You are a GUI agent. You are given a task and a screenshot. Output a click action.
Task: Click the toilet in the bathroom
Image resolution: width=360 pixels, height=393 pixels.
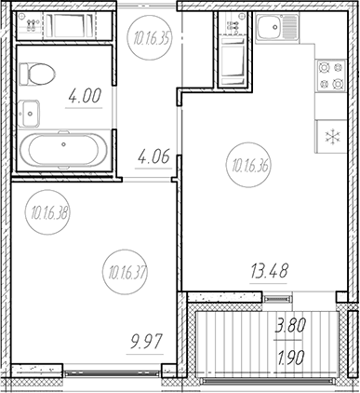[37, 74]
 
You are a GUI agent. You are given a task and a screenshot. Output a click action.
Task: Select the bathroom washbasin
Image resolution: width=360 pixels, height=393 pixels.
[29, 114]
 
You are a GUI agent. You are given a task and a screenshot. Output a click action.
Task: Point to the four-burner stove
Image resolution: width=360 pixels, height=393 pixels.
[330, 75]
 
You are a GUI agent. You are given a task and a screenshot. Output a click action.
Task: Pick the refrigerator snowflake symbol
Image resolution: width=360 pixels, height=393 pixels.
[333, 137]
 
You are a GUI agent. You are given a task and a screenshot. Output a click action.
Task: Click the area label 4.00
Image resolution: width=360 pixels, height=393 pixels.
[85, 96]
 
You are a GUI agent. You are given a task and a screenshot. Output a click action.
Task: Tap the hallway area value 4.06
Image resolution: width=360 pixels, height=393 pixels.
[153, 156]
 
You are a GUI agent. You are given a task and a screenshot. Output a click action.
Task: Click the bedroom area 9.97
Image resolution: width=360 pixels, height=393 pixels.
[145, 343]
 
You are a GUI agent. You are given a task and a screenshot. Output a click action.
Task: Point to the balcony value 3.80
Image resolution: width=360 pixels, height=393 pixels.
[290, 326]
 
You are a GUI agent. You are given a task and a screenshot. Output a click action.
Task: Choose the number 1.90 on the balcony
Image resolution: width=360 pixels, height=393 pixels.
[289, 359]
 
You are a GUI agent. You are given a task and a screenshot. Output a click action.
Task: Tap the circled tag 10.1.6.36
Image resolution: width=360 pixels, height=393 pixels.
[249, 165]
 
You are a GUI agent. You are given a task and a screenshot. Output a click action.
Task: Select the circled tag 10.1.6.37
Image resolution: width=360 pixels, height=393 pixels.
[125, 271]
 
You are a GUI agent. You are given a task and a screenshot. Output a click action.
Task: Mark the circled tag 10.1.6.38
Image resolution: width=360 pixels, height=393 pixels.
[47, 212]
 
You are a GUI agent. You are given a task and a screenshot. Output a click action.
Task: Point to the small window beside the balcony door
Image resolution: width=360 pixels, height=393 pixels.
[278, 299]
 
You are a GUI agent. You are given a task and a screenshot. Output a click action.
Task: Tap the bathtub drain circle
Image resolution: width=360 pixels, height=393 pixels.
[64, 144]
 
